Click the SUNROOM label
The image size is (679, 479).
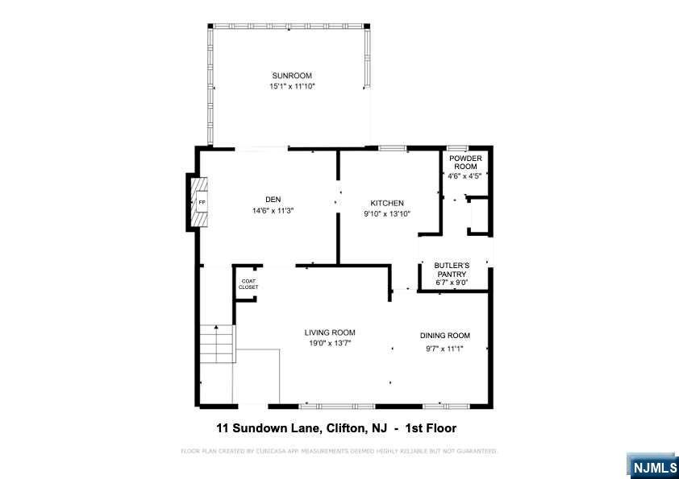click(x=292, y=76)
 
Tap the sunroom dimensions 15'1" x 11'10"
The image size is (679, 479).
click(x=292, y=86)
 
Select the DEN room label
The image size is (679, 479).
click(x=273, y=200)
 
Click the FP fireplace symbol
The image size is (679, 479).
click(x=202, y=202)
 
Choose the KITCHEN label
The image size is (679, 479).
click(x=387, y=203)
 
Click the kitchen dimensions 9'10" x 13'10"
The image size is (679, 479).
click(x=387, y=213)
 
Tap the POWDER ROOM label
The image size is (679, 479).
click(x=465, y=163)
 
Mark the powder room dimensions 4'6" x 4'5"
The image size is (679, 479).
click(x=464, y=176)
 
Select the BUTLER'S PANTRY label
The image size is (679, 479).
click(x=452, y=270)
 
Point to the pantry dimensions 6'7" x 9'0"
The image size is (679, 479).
click(x=452, y=283)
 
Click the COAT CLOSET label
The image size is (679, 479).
click(x=248, y=284)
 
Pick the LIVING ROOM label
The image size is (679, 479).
click(x=330, y=332)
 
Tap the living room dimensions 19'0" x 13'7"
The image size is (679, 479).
click(x=330, y=344)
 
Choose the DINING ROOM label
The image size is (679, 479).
click(x=444, y=336)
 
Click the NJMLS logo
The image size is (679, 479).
click(x=652, y=466)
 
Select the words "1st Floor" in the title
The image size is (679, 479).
click(x=431, y=428)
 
